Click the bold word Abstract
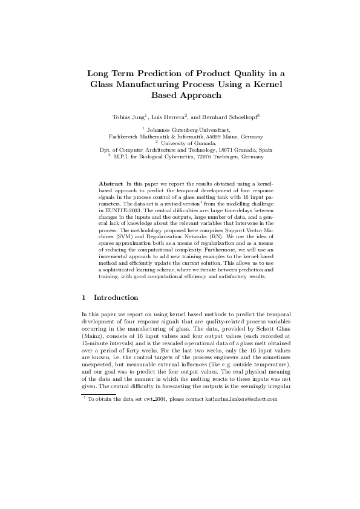point(110,183)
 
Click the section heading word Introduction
point(116,297)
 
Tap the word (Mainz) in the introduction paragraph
point(93,334)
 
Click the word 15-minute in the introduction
point(97,341)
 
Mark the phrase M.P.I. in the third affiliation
point(122,156)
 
